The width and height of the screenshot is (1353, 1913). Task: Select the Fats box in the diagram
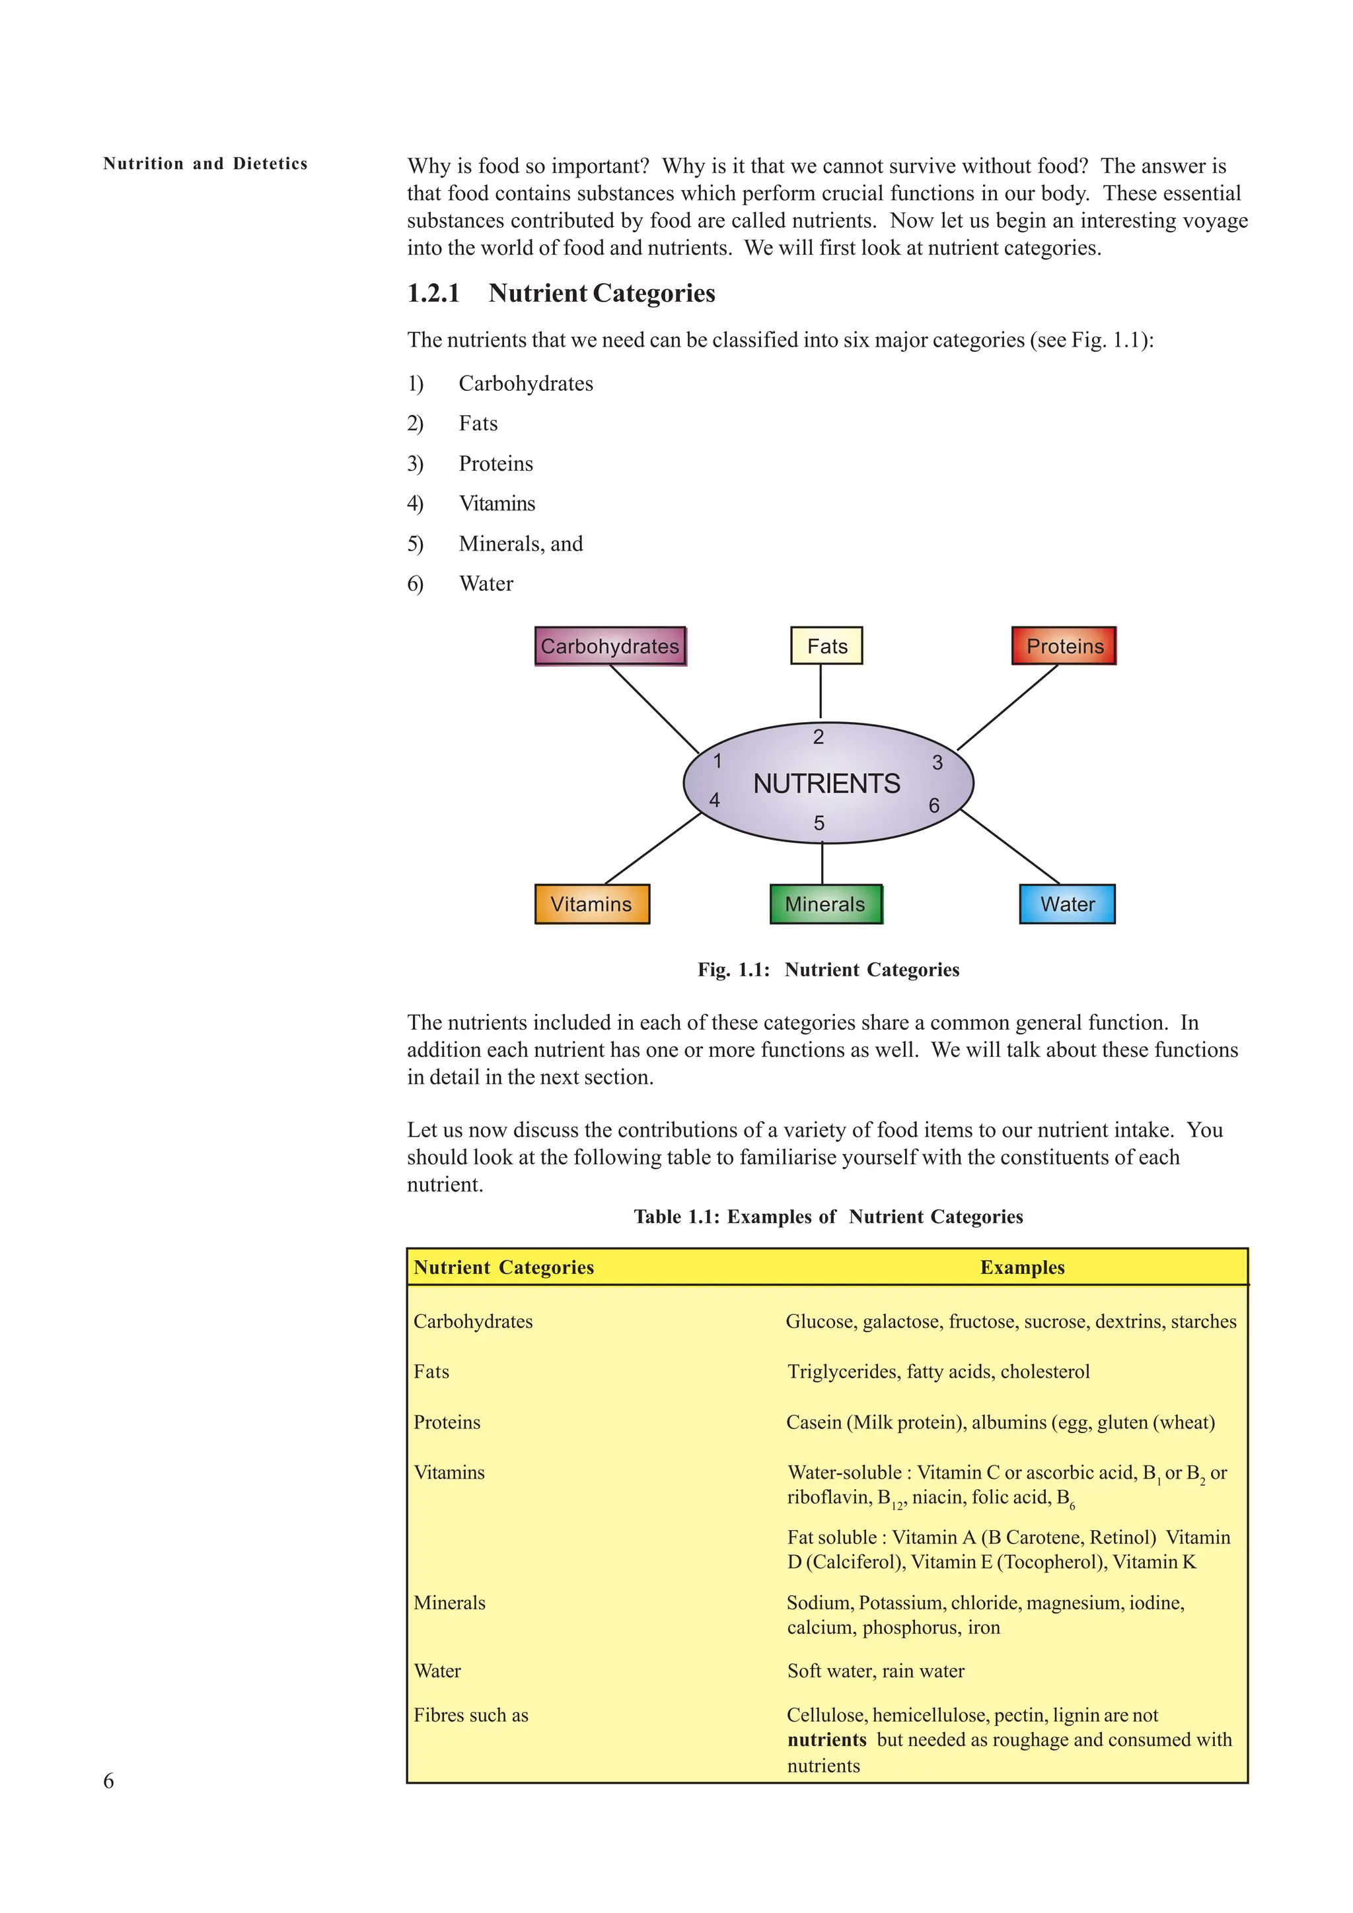tap(826, 646)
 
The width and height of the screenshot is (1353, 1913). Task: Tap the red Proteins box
tap(1064, 646)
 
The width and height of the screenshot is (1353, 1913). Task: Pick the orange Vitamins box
tap(592, 904)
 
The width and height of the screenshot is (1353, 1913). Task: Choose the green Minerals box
tap(825, 904)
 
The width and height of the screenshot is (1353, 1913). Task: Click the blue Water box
tap(1067, 904)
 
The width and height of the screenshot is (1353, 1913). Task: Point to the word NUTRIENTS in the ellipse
tap(826, 784)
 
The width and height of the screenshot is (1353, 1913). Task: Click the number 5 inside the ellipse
tap(819, 823)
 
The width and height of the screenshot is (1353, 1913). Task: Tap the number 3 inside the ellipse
tap(937, 762)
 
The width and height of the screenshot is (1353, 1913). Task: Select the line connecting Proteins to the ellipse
tap(1007, 708)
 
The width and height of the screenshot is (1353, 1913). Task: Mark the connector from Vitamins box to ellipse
tap(653, 848)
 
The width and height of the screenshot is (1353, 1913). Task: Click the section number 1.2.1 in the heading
tap(433, 293)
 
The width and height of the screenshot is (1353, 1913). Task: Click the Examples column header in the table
tap(1022, 1267)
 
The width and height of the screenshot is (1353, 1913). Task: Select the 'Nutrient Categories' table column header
tap(503, 1267)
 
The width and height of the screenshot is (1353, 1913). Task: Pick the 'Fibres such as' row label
tap(471, 1715)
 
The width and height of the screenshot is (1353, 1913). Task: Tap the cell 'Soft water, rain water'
tap(875, 1671)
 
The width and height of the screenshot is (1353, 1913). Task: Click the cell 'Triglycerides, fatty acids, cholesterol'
tap(939, 1372)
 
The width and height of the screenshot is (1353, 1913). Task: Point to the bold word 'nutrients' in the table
tap(826, 1739)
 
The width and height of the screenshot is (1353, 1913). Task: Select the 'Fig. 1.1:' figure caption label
tap(733, 970)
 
